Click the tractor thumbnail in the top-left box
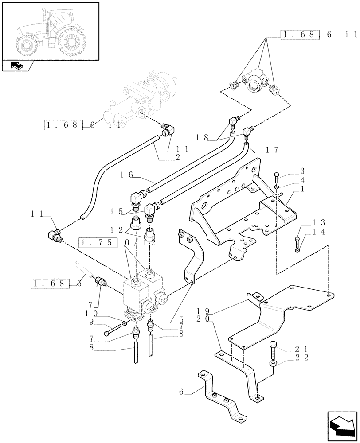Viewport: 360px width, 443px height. [x=50, y=30]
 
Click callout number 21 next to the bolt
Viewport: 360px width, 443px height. [x=303, y=349]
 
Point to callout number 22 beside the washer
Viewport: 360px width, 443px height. [x=303, y=357]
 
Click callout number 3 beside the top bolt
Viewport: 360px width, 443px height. [x=301, y=171]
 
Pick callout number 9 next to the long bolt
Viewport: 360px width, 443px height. [x=91, y=321]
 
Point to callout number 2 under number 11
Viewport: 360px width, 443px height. [x=177, y=157]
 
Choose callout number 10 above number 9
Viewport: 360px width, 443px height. [x=91, y=313]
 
